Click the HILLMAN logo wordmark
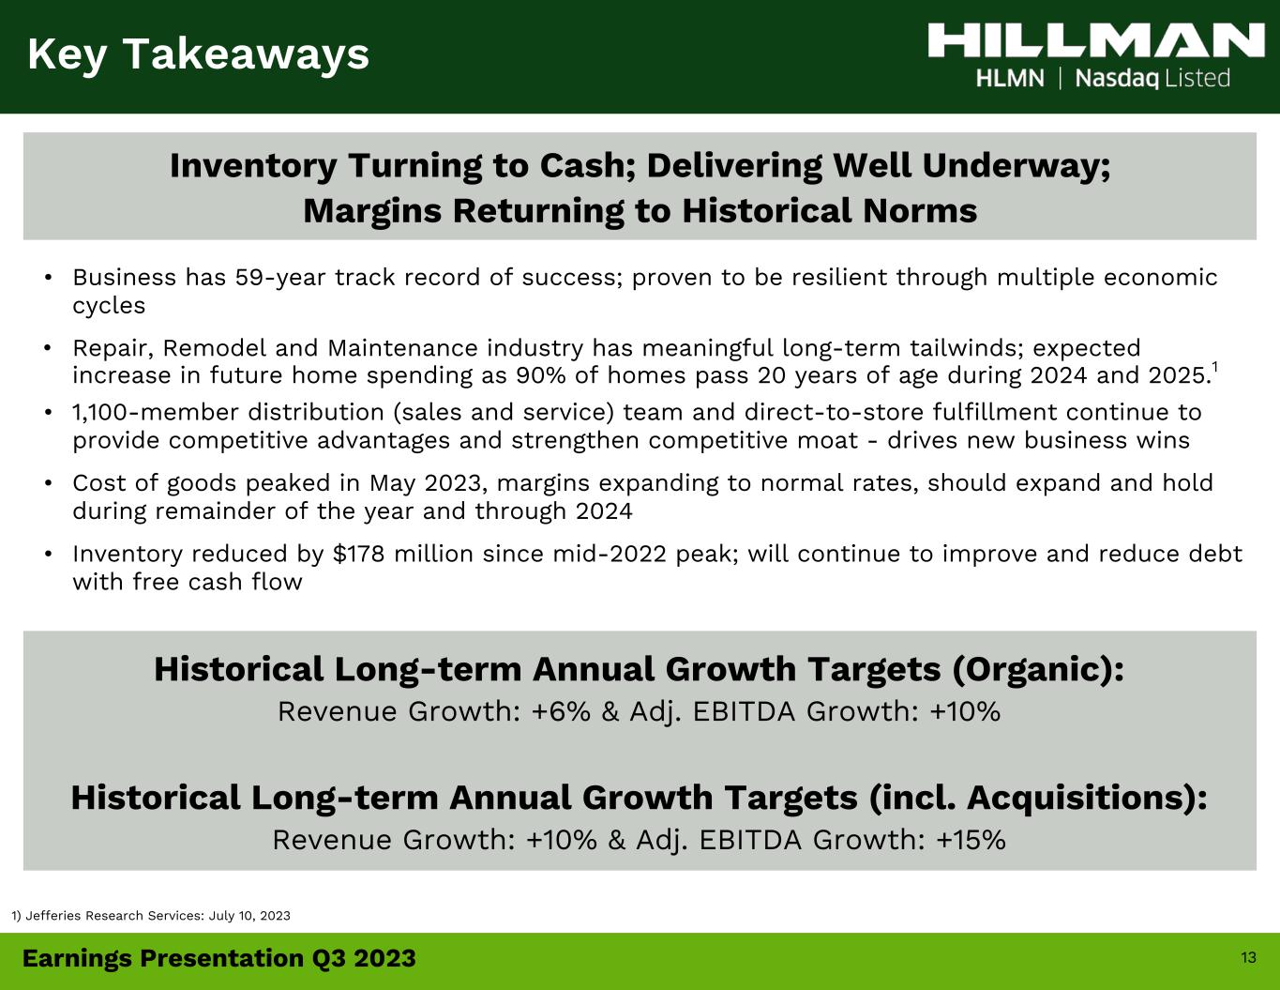(1096, 40)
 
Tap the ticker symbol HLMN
(1010, 79)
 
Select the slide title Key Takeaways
(198, 54)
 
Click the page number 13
(1248, 957)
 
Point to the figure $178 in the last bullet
(359, 554)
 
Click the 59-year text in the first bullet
(279, 278)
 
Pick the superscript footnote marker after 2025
(1214, 368)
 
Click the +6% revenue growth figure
(560, 711)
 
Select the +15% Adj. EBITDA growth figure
(971, 840)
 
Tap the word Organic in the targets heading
(1033, 670)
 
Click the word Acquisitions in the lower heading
(1082, 798)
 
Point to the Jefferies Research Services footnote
(151, 915)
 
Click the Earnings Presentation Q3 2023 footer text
(219, 958)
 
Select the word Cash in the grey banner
(587, 165)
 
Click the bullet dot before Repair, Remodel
(49, 348)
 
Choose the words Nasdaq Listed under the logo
(1152, 79)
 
